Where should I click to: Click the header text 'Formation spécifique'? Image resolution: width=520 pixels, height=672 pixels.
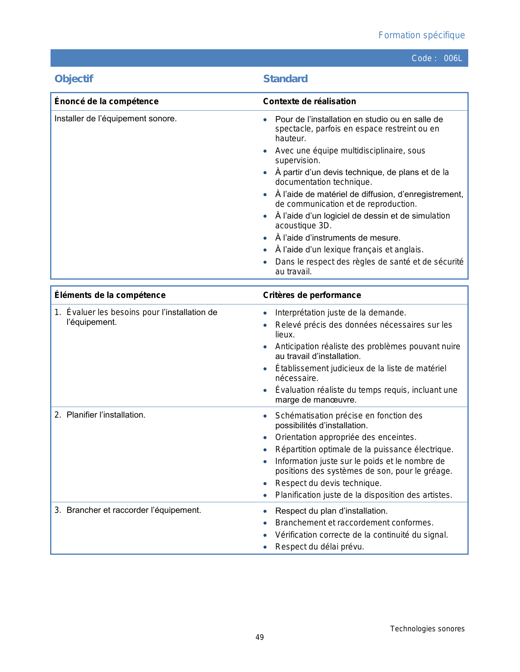click(x=421, y=35)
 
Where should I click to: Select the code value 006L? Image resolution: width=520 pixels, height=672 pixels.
click(x=453, y=58)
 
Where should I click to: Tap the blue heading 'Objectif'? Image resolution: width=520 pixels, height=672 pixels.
click(x=74, y=79)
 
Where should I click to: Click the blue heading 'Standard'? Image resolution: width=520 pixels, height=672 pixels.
click(x=285, y=79)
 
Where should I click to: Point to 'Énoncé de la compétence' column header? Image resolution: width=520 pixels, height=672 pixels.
click(x=106, y=101)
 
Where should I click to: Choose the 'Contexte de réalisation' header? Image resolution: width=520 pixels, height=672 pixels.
click(x=309, y=101)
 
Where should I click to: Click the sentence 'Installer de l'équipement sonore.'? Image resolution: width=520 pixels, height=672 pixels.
click(x=115, y=119)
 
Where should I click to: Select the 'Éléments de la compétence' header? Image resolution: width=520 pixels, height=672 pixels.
click(x=110, y=295)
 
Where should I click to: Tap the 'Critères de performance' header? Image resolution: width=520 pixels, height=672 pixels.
click(x=312, y=295)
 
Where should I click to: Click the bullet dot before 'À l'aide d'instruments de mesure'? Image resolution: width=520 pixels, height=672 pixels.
click(x=265, y=238)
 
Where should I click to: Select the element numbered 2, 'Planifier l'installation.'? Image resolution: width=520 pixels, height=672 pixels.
click(x=106, y=415)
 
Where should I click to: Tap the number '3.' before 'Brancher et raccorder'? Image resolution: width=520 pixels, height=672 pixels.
click(x=58, y=510)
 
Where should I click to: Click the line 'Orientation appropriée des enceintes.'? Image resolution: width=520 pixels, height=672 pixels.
click(x=346, y=438)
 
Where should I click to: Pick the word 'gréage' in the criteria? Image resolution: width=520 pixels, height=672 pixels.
click(x=438, y=471)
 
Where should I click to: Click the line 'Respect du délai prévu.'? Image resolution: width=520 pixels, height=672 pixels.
click(x=319, y=547)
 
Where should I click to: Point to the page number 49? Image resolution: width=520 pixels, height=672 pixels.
click(x=260, y=637)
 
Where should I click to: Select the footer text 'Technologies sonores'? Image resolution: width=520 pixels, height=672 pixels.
click(x=427, y=629)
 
